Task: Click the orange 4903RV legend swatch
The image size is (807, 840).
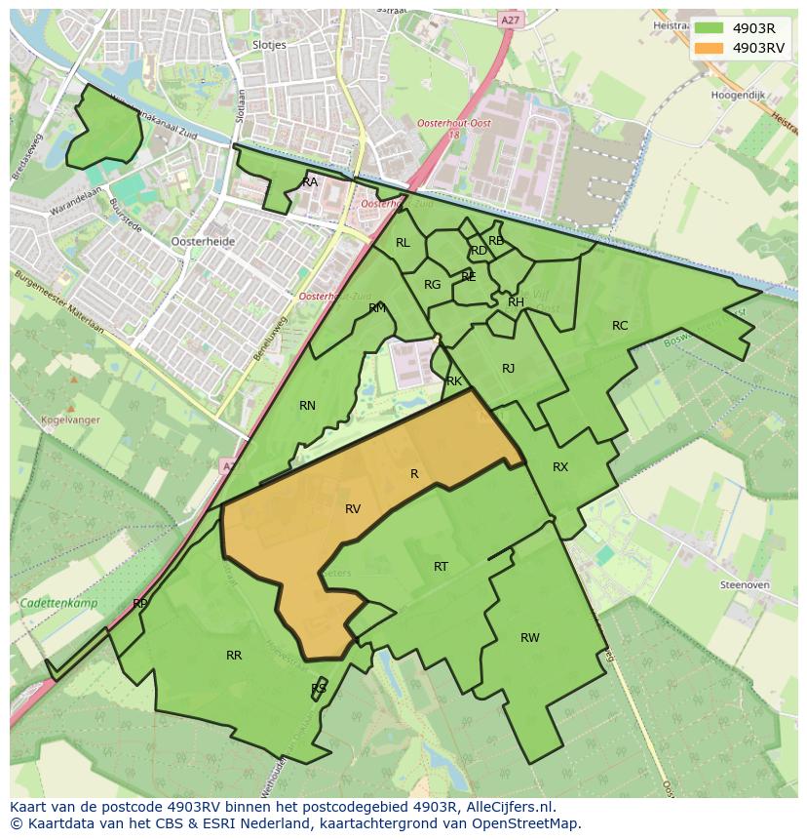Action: click(709, 48)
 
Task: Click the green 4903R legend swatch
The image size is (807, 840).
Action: click(709, 28)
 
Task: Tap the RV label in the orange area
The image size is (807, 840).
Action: click(353, 509)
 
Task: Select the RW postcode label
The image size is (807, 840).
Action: click(529, 638)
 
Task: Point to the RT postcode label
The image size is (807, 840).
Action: click(441, 567)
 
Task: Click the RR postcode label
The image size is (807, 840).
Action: click(234, 656)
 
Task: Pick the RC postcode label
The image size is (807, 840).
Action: click(620, 326)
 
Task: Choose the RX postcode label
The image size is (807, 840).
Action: click(560, 467)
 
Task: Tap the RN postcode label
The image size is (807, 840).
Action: click(307, 406)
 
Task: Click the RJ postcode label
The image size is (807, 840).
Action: click(508, 369)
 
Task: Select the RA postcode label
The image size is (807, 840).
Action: click(310, 182)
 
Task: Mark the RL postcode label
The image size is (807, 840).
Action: click(403, 243)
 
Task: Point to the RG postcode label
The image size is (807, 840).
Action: click(432, 285)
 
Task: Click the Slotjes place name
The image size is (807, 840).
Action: click(268, 45)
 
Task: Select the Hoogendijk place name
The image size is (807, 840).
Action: click(738, 97)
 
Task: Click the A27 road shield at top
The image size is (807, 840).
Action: click(510, 19)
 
